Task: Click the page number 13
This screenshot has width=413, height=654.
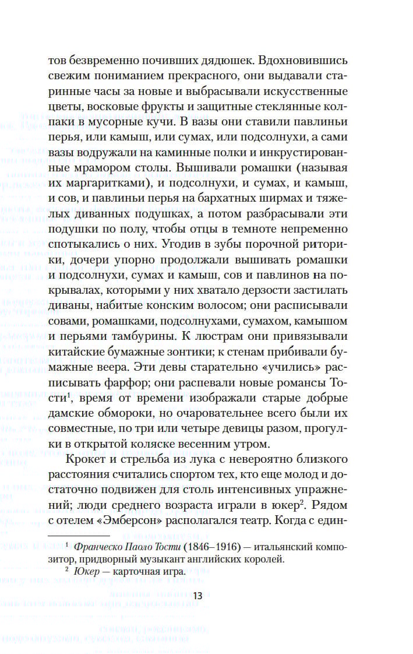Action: [x=197, y=595]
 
